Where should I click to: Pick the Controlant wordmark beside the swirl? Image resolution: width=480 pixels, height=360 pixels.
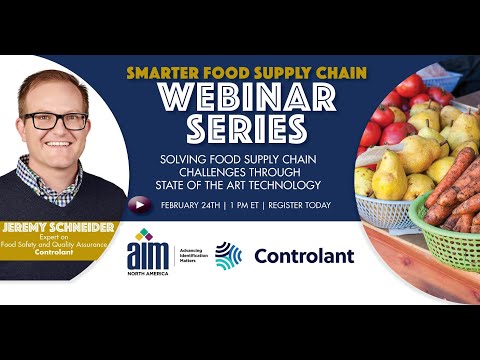304,256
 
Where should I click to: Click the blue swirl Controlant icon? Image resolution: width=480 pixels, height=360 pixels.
229,256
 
